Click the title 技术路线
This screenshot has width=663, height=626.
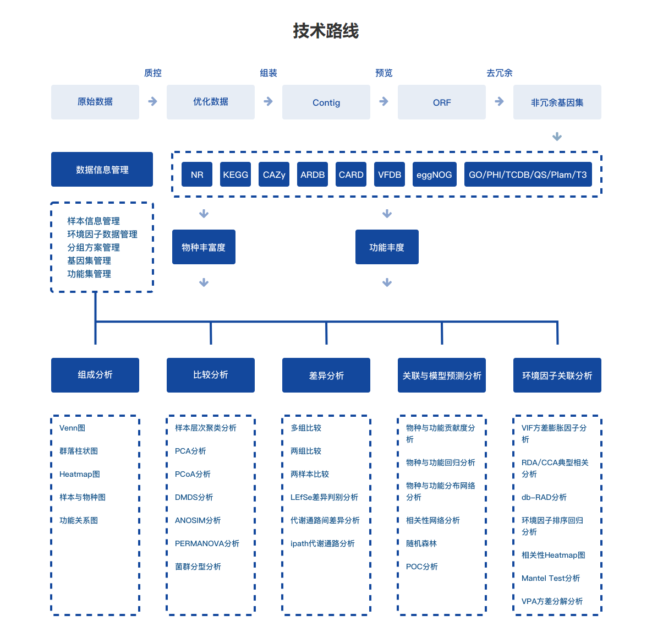pos(326,31)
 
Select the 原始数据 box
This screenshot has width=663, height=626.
pos(95,102)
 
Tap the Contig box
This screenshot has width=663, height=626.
pos(326,102)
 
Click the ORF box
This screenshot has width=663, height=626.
pos(442,102)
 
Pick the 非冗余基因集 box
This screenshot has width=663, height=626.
pos(557,102)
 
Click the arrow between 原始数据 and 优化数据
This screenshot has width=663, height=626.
pos(153,101)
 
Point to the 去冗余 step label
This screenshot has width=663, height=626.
pos(499,73)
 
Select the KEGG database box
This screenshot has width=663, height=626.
pos(235,175)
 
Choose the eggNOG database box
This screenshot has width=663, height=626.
pos(434,175)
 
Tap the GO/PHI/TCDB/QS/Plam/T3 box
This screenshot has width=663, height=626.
pos(528,175)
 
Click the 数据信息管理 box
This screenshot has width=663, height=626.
pos(102,170)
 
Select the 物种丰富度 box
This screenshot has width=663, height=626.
pos(204,247)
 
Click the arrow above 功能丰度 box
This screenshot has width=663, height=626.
pos(387,214)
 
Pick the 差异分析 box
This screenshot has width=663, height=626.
pos(326,375)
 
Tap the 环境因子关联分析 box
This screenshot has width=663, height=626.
pos(557,375)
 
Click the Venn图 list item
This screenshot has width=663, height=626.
pos(72,428)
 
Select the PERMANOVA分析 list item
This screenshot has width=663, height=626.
pos(207,543)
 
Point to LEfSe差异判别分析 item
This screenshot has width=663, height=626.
pos(324,497)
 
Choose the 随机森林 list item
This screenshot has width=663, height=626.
pos(421,543)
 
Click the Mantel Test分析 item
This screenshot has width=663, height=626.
pos(551,578)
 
